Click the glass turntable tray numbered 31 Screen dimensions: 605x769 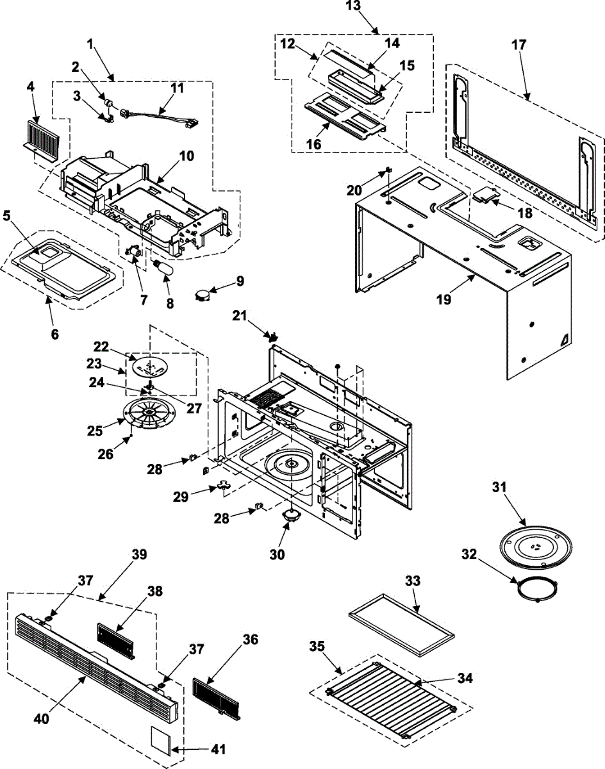pos(535,547)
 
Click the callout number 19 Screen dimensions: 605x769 pos(444,299)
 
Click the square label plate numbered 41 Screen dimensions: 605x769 pos(160,740)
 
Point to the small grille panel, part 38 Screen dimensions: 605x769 pos(116,642)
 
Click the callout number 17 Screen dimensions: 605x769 pos(519,45)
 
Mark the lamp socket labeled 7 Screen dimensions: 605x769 pos(135,252)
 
